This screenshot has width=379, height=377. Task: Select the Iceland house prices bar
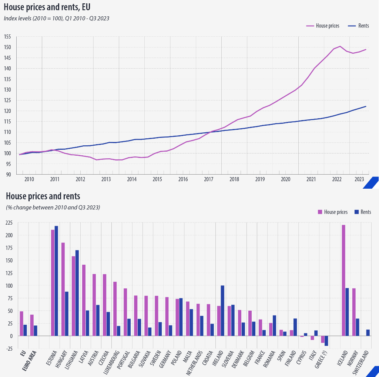(x=343, y=280)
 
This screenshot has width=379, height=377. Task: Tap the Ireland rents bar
(x=222, y=311)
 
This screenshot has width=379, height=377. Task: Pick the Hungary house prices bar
(x=63, y=289)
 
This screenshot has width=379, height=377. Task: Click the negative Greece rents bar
(x=326, y=341)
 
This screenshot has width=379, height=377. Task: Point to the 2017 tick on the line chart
(x=208, y=179)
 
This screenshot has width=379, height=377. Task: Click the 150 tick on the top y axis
(x=8, y=47)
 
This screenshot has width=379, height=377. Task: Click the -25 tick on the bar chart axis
(x=9, y=348)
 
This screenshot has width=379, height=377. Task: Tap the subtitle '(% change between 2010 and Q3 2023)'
(x=53, y=207)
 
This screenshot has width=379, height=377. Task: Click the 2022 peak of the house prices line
(x=340, y=46)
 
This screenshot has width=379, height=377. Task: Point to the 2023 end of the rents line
(x=366, y=106)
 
